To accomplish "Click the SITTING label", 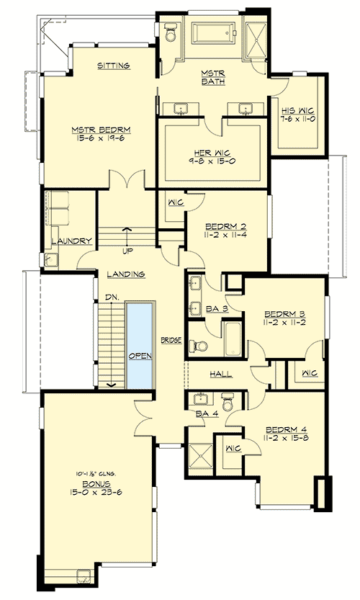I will pos(113,66).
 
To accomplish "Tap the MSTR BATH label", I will pos(212,77).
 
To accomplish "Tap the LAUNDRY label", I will pos(71,241).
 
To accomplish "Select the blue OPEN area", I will pos(140,345).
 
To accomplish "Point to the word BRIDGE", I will pos(170,339).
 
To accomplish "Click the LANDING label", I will pos(126,274).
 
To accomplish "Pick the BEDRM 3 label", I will pos(284,314).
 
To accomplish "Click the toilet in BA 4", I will pos(228,399).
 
